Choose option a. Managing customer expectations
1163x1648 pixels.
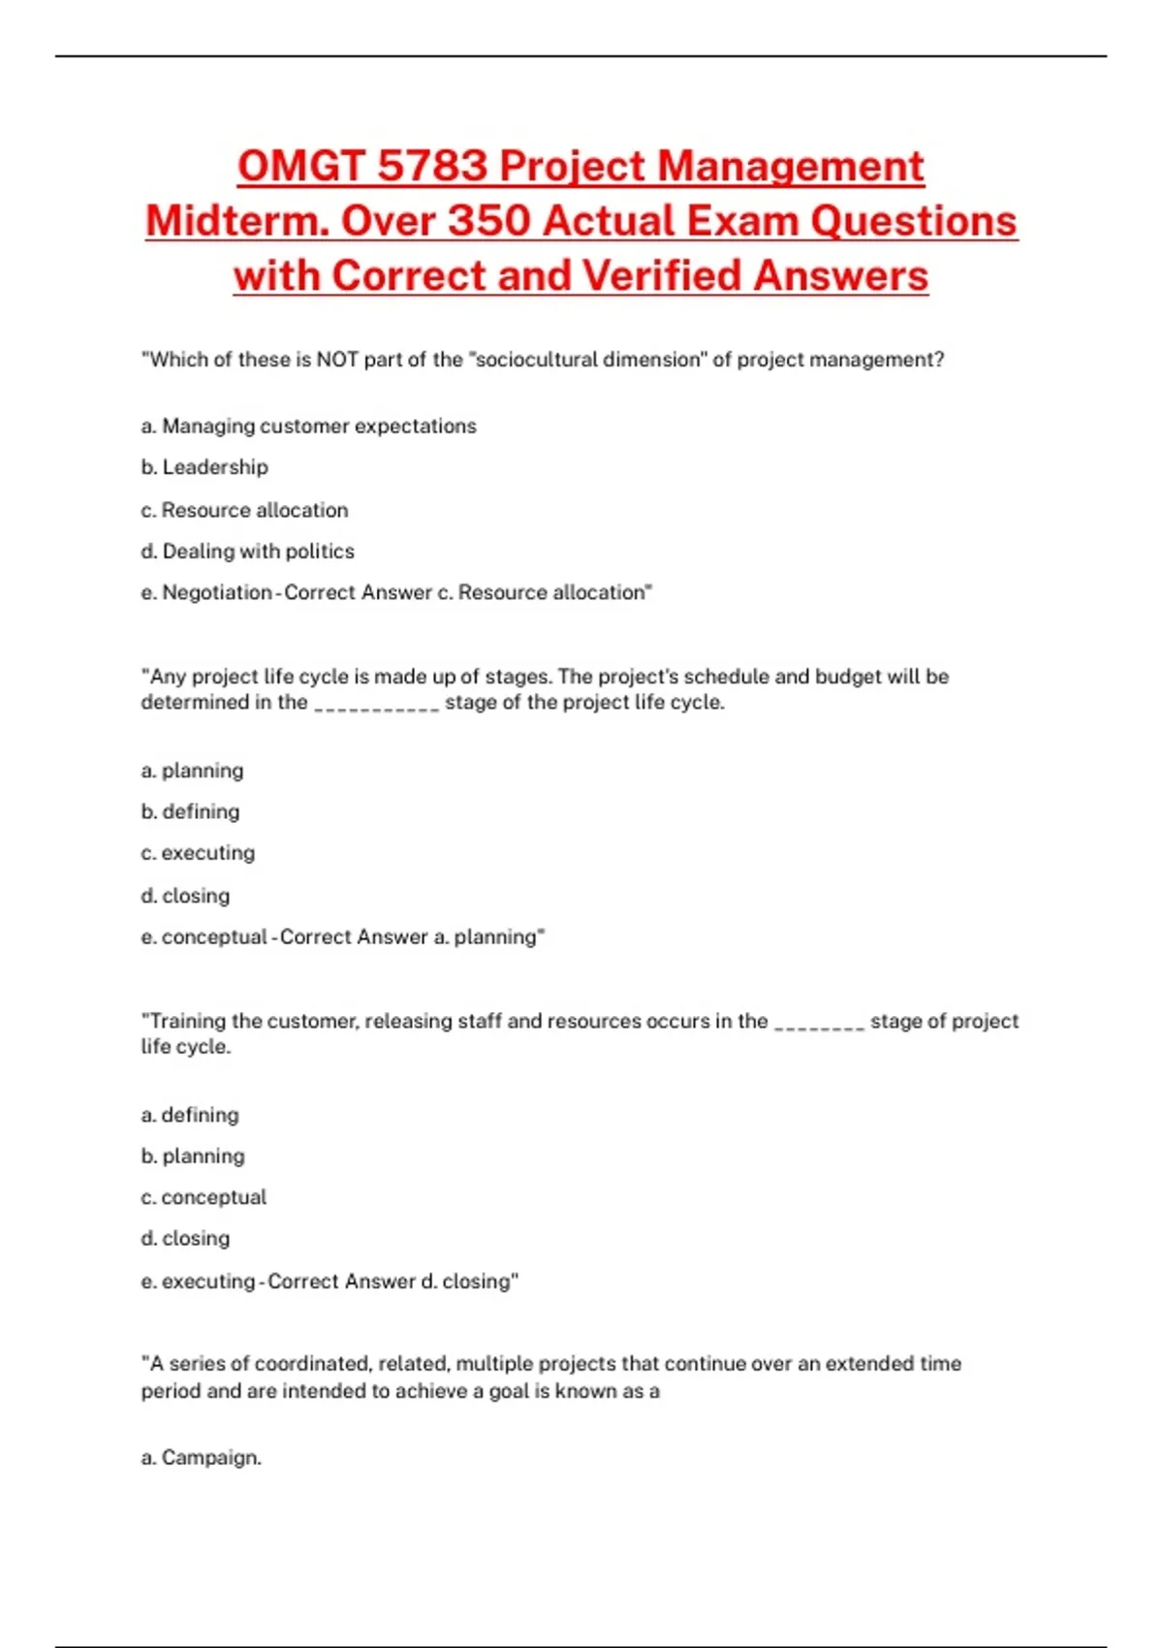coord(309,427)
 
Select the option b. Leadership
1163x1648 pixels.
coord(204,467)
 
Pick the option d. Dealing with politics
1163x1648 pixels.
coord(248,552)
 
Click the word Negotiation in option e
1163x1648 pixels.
coord(216,592)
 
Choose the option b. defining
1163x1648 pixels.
coord(191,811)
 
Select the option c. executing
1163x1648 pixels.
coord(198,853)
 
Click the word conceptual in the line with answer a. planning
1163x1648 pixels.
coord(214,937)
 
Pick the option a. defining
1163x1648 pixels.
coord(190,1115)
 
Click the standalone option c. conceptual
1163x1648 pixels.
coord(204,1197)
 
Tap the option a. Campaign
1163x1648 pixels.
coord(202,1458)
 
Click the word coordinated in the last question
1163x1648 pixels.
coord(312,1364)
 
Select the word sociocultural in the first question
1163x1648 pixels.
coord(536,360)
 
